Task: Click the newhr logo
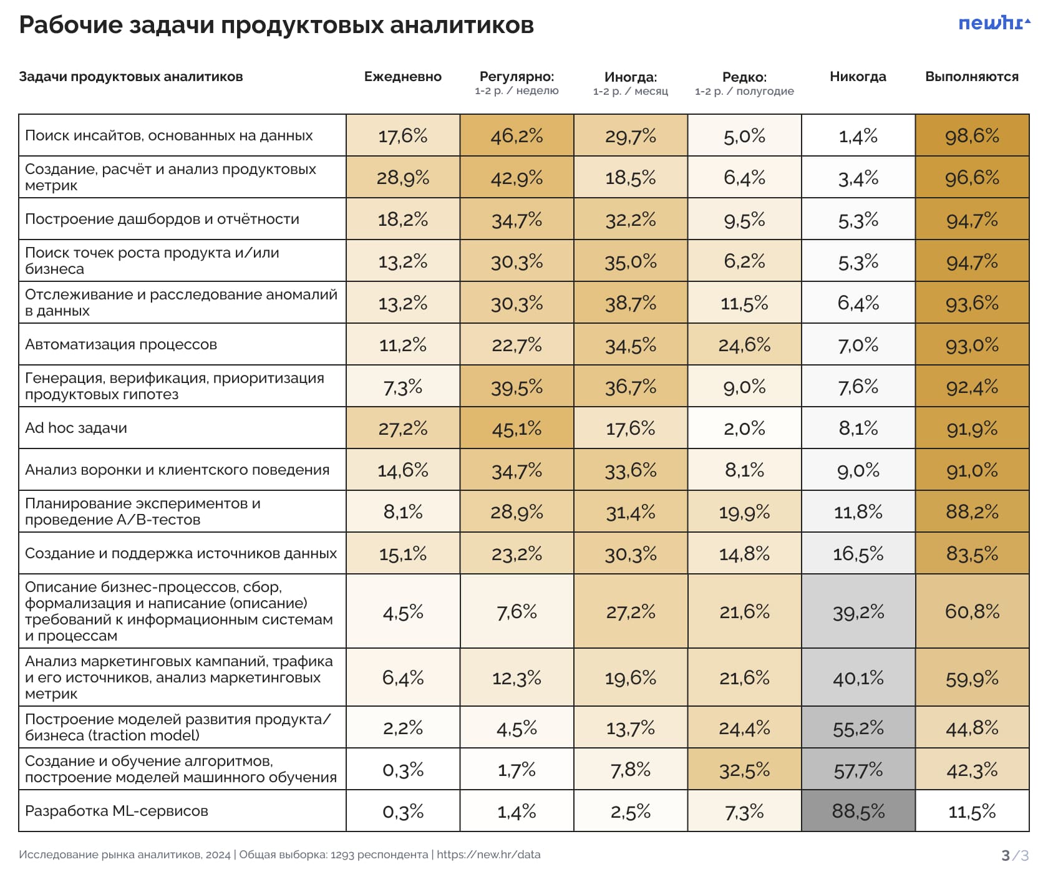[x=994, y=24]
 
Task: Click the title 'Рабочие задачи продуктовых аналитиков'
[x=276, y=25]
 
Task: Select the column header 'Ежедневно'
[x=402, y=77]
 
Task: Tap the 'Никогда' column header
[x=858, y=77]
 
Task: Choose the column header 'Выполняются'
[x=971, y=77]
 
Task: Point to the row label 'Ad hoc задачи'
[x=76, y=428]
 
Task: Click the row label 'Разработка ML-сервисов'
[x=117, y=811]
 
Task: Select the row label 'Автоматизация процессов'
[x=121, y=344]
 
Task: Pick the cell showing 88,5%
[x=858, y=811]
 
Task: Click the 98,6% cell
[x=972, y=135]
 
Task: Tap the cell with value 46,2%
[x=517, y=135]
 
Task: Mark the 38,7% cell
[x=630, y=303]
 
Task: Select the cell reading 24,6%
[x=744, y=344]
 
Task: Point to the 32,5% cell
[x=744, y=770]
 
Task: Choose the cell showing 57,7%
[x=858, y=770]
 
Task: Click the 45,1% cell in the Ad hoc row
[x=517, y=428]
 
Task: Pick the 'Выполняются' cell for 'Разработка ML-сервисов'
[x=972, y=811]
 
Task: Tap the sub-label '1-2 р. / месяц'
[x=630, y=91]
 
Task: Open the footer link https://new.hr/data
[x=488, y=855]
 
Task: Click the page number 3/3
[x=1014, y=855]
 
